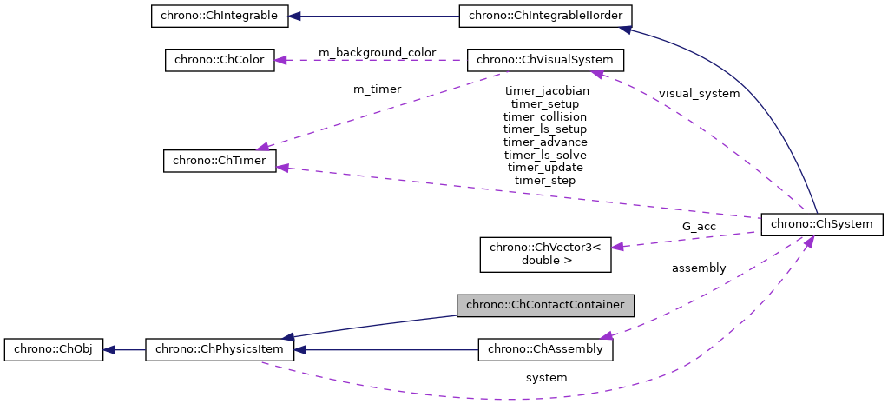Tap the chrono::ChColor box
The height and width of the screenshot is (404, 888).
[220, 60]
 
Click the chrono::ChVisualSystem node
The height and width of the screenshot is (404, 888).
[545, 60]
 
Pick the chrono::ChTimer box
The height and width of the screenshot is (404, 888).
[220, 161]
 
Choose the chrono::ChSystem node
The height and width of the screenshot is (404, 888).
[821, 224]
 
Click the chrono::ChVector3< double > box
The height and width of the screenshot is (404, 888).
[546, 253]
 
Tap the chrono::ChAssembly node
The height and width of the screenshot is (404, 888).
[546, 349]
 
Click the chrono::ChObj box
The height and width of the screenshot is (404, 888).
[53, 350]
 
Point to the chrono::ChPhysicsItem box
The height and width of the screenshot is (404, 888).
[220, 350]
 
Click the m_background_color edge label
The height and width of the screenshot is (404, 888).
[377, 53]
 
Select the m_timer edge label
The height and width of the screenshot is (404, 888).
[377, 89]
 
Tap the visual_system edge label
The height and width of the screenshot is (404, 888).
[699, 93]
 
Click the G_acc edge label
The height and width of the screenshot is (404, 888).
[699, 227]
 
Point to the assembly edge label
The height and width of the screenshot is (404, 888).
[699, 268]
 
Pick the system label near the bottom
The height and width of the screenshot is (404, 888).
[546, 378]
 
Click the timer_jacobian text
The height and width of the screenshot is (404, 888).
[545, 90]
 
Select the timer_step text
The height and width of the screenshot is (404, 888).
[545, 180]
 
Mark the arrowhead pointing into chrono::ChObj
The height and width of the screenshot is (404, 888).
[109, 350]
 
